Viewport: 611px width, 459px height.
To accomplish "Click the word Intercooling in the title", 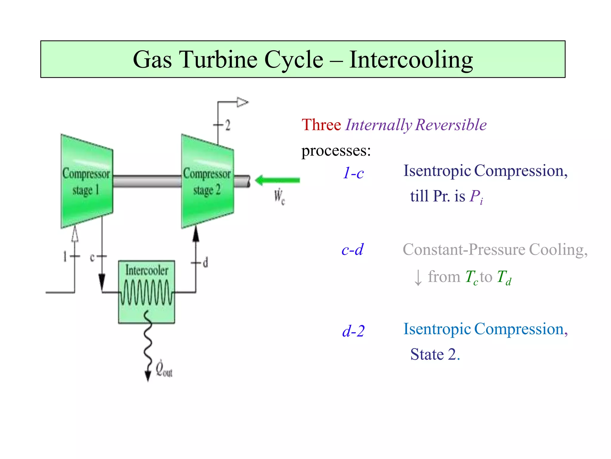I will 411,60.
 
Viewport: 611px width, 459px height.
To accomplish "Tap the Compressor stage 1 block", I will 87,182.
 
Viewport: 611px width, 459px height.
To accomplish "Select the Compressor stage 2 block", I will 207,182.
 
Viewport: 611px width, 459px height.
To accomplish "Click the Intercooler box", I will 146,291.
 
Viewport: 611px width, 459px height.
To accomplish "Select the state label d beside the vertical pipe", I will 206,263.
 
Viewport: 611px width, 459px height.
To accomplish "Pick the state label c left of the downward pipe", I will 92,257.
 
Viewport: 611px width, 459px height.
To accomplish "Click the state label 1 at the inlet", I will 65,256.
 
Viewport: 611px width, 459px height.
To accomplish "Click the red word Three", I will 321,125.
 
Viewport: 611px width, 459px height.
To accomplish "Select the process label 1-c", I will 353,173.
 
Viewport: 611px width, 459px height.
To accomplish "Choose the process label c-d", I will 352,250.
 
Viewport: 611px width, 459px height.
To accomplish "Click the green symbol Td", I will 504,277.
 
